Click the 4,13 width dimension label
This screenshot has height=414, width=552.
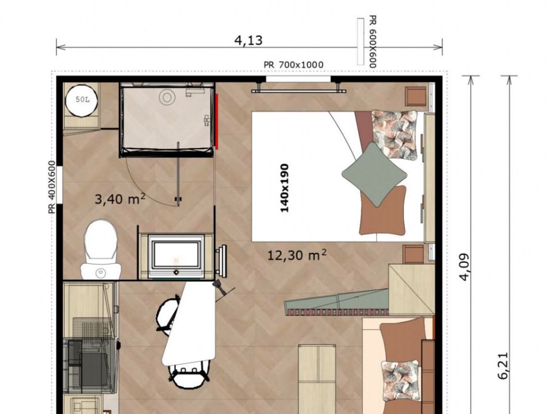[x=248, y=40]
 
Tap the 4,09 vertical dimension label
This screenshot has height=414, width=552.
[x=465, y=267]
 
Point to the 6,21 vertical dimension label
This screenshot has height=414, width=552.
[x=503, y=366]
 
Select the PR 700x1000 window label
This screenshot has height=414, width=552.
[x=293, y=65]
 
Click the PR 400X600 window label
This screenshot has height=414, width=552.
[x=52, y=187]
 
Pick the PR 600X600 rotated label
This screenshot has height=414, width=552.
[x=373, y=41]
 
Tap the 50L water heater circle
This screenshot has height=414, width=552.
[x=82, y=100]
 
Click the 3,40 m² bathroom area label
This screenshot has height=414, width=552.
[x=120, y=199]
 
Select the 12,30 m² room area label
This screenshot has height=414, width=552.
[x=297, y=255]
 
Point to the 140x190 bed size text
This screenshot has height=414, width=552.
[x=285, y=188]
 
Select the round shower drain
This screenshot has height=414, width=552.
[x=167, y=97]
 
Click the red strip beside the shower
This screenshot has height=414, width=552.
[x=217, y=121]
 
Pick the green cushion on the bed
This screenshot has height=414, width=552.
[x=374, y=174]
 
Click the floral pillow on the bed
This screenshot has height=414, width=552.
[x=394, y=134]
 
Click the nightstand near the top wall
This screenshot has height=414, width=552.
[x=416, y=96]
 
